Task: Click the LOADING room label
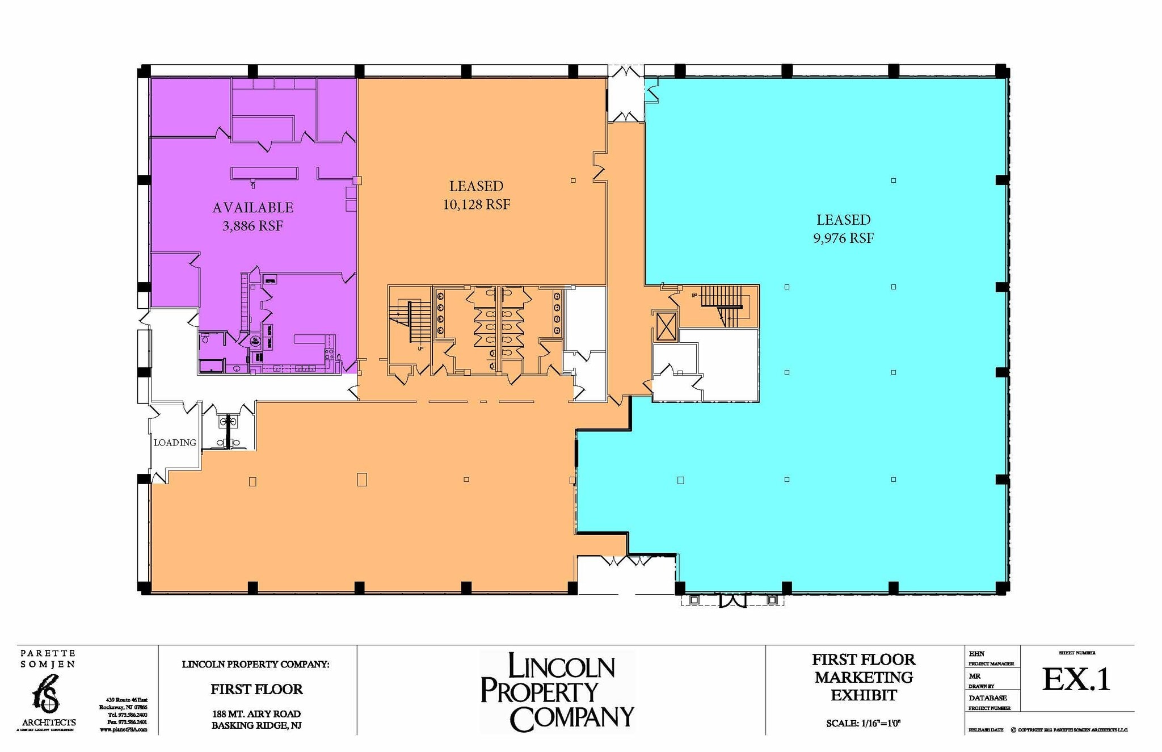[x=175, y=443]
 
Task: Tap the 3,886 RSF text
[x=252, y=226]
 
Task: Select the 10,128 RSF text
[x=477, y=204]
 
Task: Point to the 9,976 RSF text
[x=843, y=238]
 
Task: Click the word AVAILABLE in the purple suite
[x=252, y=208]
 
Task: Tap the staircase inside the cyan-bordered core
[x=722, y=305]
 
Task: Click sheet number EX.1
[x=1076, y=679]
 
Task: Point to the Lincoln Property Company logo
[x=557, y=691]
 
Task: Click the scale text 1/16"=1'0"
[x=864, y=723]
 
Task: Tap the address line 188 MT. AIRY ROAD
[x=256, y=713]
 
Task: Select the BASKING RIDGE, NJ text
[x=256, y=725]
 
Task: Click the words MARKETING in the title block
[x=864, y=677]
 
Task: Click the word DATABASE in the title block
[x=988, y=698]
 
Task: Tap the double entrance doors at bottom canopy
[x=732, y=600]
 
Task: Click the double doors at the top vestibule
[x=626, y=73]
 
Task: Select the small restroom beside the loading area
[x=228, y=432]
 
